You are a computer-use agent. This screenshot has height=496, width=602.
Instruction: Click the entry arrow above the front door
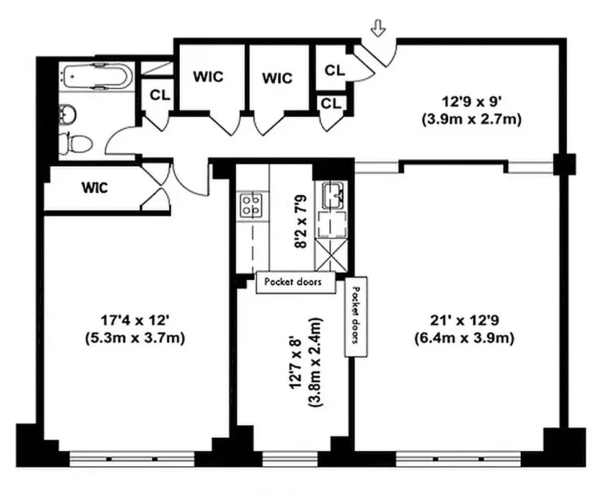click(x=377, y=28)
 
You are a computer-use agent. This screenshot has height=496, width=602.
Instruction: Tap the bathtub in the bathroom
click(x=96, y=78)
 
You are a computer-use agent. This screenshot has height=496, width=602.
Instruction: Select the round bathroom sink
click(x=68, y=114)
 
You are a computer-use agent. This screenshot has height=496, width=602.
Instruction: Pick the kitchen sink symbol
click(x=333, y=196)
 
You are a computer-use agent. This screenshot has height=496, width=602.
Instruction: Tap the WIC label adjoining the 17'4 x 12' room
click(x=95, y=188)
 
